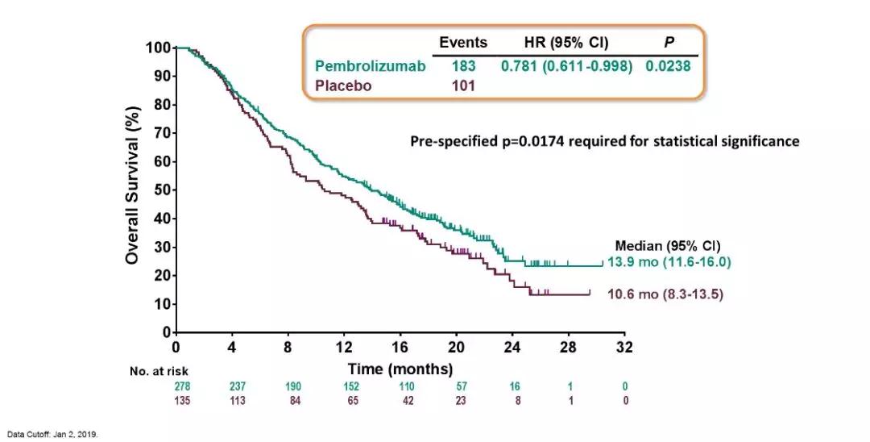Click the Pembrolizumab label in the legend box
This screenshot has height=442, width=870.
click(371, 66)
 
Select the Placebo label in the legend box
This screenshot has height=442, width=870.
click(344, 85)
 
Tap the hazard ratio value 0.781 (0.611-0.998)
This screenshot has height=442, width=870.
click(566, 66)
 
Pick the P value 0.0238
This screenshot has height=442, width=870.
click(668, 66)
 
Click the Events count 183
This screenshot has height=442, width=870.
click(463, 66)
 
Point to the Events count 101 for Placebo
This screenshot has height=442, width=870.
click(463, 85)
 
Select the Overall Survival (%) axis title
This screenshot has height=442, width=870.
click(132, 190)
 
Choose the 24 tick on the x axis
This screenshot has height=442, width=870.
click(512, 348)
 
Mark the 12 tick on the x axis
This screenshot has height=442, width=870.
click(344, 348)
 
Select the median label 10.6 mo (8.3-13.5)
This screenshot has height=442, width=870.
click(665, 295)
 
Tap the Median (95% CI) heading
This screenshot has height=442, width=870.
click(668, 246)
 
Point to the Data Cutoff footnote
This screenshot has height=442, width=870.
click(53, 434)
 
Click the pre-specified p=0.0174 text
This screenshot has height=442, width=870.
click(604, 141)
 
